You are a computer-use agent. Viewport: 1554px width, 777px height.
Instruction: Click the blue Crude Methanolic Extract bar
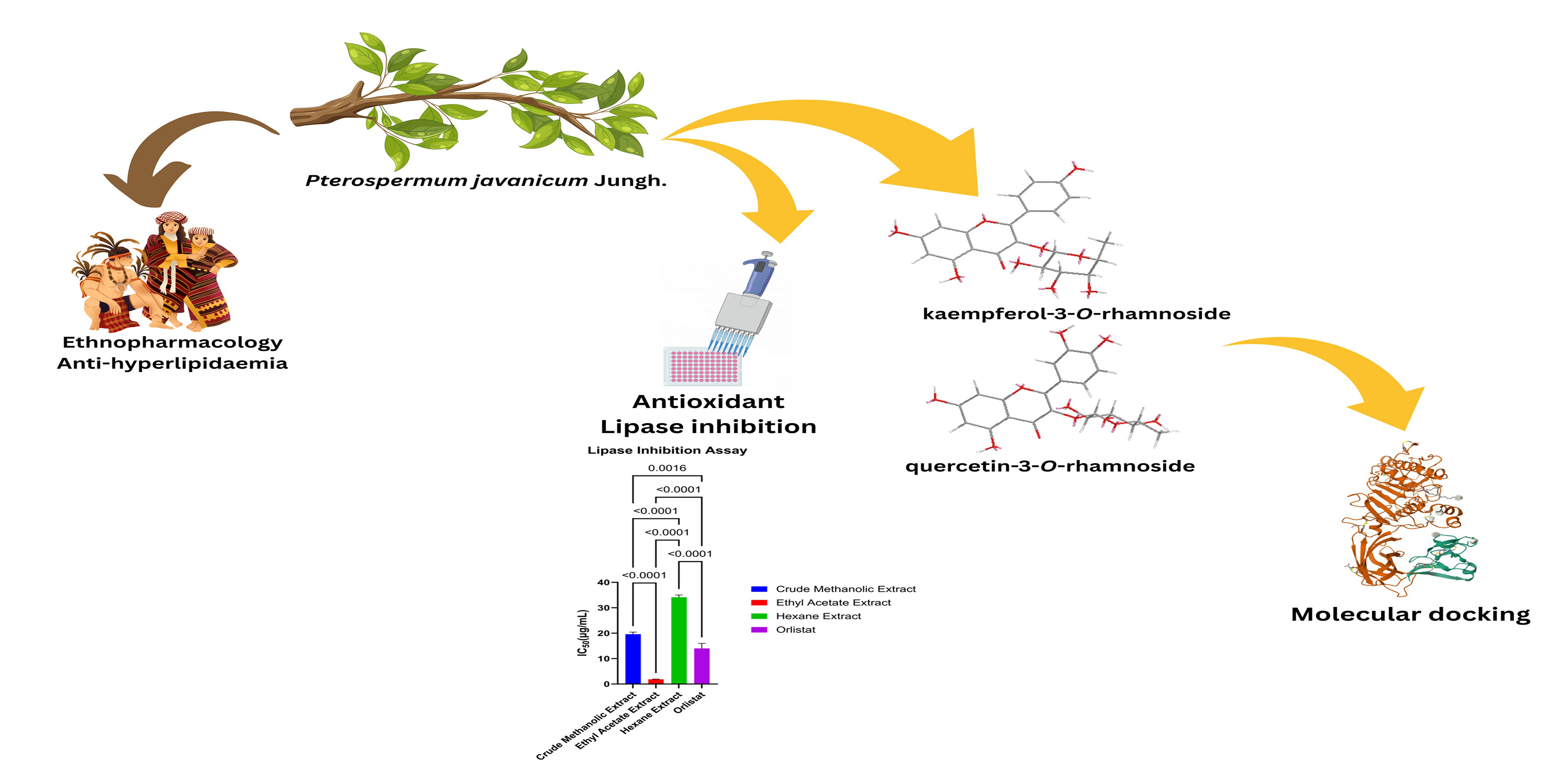[x=633, y=659]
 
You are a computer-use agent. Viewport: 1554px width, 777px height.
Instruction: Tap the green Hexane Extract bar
[x=679, y=639]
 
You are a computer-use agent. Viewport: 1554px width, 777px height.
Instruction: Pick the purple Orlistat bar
[x=701, y=665]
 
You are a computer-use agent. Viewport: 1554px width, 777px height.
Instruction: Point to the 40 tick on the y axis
[x=604, y=582]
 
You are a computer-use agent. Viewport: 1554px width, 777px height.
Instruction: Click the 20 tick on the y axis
[x=604, y=633]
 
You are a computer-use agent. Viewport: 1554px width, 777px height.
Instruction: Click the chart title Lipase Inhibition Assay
[x=667, y=450]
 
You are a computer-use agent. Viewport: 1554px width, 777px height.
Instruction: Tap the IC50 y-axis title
[x=583, y=633]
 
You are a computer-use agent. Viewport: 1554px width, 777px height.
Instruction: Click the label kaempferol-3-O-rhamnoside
[x=1076, y=314]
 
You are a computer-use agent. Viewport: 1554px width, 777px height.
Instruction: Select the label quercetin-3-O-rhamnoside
[x=1050, y=466]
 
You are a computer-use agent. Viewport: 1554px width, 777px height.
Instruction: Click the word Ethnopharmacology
[x=173, y=343]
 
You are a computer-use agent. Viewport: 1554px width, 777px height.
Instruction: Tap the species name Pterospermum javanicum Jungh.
[x=486, y=180]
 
